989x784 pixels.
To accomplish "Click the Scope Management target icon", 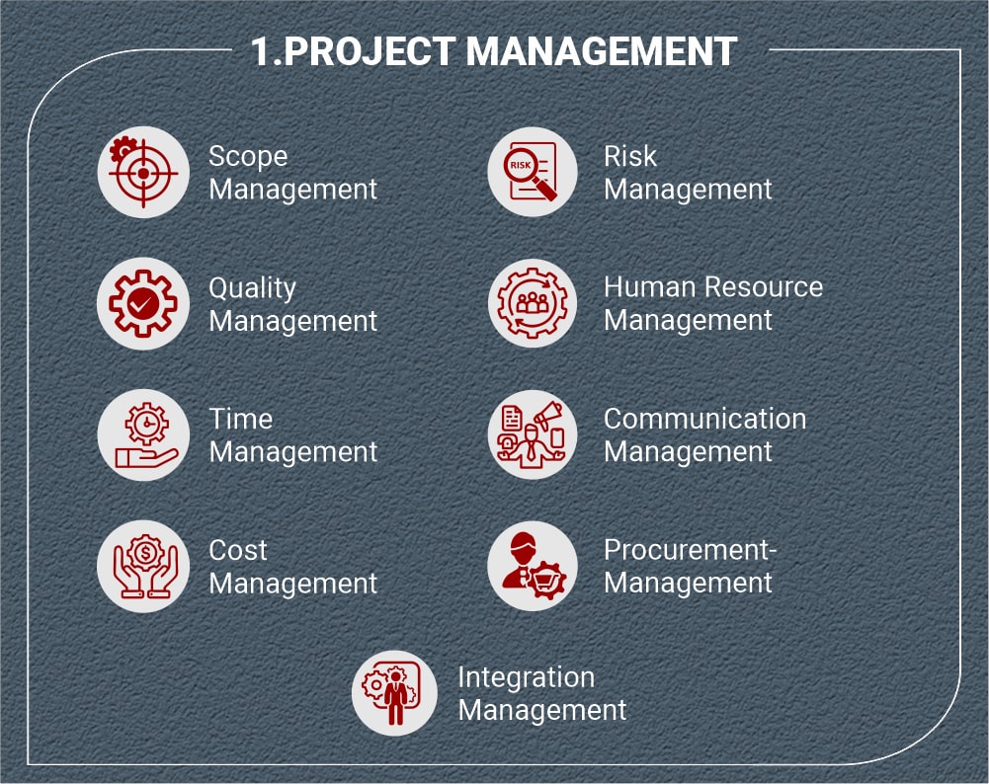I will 142,173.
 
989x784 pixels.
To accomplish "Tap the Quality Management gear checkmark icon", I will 142,304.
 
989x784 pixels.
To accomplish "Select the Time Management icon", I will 142,435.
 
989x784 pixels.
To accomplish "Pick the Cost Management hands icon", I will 142,567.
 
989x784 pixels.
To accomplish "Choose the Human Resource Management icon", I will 533,304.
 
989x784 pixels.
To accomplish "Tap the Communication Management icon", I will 533,435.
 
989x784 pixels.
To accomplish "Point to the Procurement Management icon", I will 533,567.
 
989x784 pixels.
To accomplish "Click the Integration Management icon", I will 395,693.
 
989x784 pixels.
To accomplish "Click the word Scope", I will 248,157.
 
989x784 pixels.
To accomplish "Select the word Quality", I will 252,288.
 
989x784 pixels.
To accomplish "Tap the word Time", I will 240,420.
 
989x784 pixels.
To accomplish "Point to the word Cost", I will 238,551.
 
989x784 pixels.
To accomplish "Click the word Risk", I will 630,157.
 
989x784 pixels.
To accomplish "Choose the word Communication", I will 704,419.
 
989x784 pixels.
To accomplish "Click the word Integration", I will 526,677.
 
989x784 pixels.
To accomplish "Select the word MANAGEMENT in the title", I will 602,51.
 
